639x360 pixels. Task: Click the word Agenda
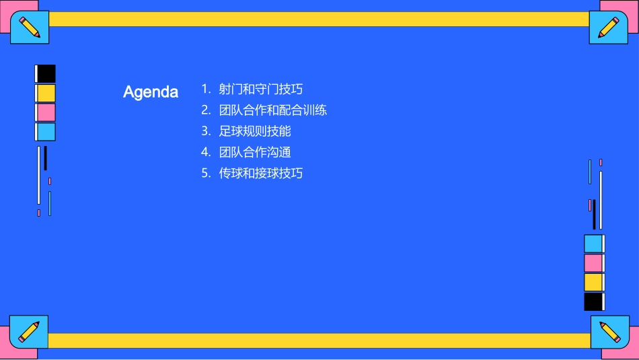151,92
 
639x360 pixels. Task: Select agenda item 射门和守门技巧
261,89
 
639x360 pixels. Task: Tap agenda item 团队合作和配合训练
273,110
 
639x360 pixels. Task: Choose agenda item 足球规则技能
255,131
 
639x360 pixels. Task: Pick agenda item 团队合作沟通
255,152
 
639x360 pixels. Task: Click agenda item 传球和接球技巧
261,173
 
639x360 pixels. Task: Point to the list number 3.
206,131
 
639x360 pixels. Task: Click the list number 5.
206,173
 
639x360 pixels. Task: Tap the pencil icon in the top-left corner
30,28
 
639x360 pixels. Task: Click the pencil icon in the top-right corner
608,28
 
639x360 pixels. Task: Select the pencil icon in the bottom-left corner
29,332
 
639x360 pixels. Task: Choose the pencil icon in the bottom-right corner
609,332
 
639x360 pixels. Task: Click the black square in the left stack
46,73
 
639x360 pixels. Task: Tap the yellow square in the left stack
46,93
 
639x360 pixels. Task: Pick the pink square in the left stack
46,112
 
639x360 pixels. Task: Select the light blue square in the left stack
46,132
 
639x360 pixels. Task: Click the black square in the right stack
593,301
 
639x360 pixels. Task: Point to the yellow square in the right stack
593,282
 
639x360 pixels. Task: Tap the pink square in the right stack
593,262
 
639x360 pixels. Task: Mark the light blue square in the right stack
593,244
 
